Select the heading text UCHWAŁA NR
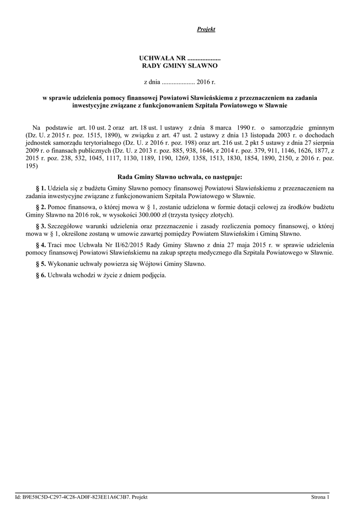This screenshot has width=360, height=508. [159, 59]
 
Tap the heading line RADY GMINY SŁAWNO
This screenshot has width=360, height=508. [180, 65]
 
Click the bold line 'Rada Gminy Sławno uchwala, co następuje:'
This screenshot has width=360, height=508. [180, 177]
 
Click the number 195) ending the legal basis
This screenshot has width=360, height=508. [31, 166]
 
